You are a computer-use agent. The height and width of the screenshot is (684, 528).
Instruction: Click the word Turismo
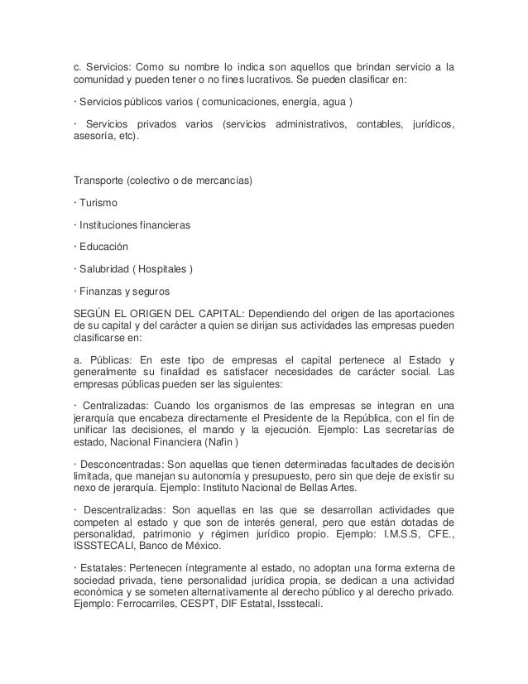click(98, 202)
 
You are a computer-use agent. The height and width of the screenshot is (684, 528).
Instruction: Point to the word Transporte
click(99, 180)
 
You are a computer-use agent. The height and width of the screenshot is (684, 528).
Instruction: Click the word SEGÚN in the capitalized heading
click(94, 314)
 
